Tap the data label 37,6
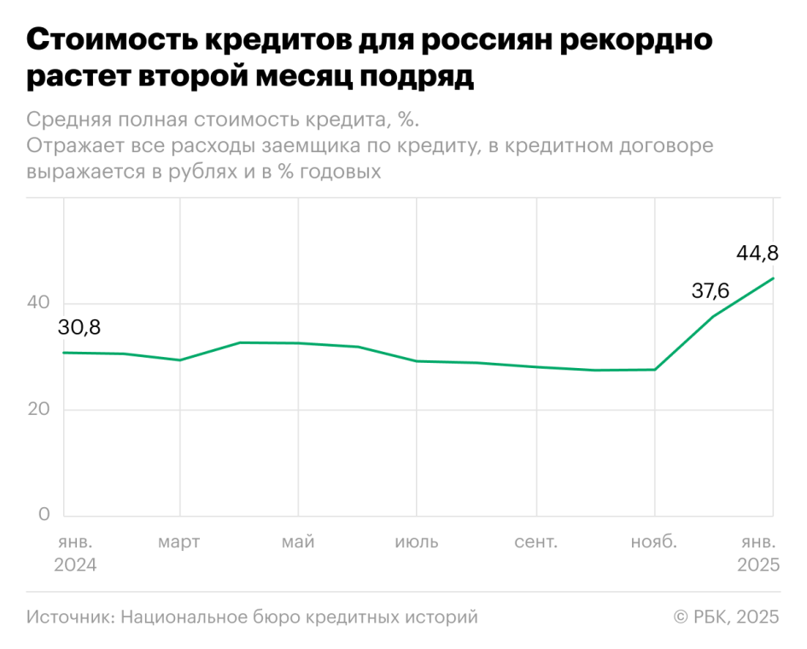710,291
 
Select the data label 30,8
79,327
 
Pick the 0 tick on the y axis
45,515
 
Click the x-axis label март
179,542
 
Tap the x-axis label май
298,542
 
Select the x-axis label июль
417,542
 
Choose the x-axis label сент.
535,542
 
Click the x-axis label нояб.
654,542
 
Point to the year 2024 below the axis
75,565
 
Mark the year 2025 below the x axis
757,565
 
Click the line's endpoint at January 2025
773,278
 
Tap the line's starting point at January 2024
64,353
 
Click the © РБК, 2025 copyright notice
726,617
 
